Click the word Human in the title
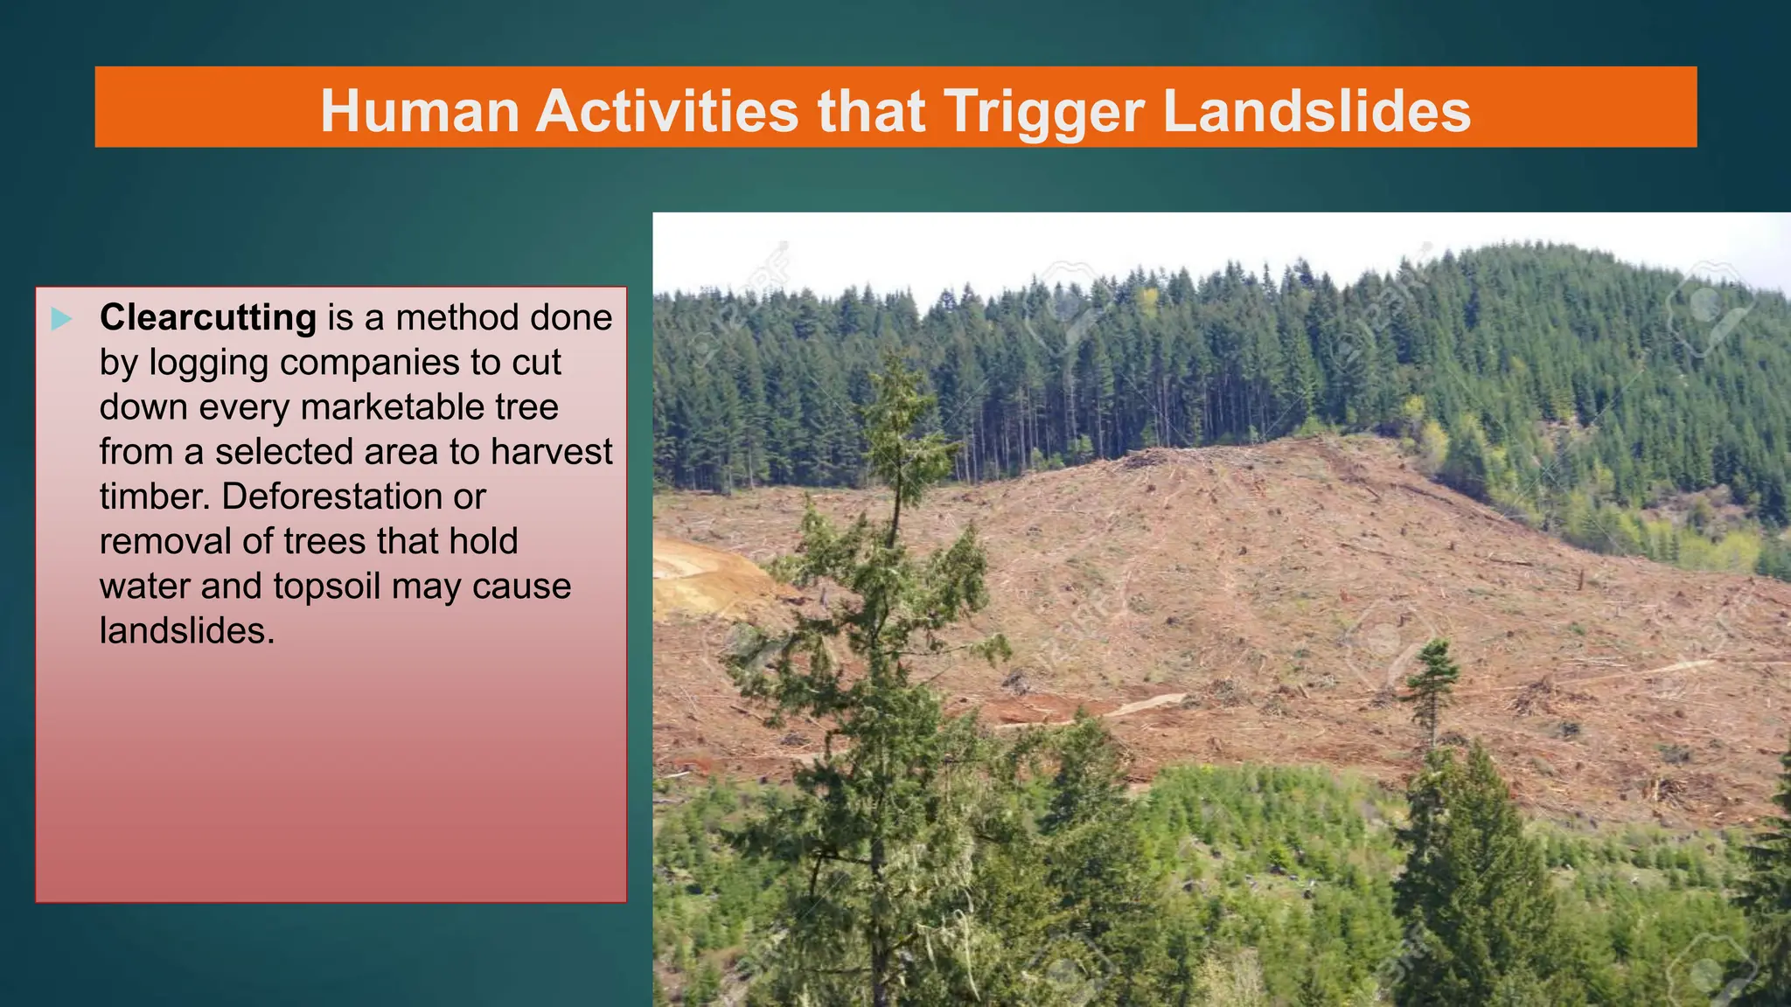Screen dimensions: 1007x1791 [420, 111]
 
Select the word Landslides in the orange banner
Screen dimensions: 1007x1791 [1316, 111]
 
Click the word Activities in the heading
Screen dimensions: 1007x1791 [667, 111]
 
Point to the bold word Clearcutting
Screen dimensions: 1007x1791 [208, 317]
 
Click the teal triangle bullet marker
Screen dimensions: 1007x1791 [61, 319]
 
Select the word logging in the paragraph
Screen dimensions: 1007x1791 [208, 363]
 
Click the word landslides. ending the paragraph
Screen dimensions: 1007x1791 [187, 631]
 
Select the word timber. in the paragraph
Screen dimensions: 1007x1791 [155, 497]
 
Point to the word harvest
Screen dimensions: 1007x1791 [551, 452]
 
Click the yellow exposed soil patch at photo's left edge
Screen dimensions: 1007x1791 [700, 577]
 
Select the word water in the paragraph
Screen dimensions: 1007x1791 [144, 587]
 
